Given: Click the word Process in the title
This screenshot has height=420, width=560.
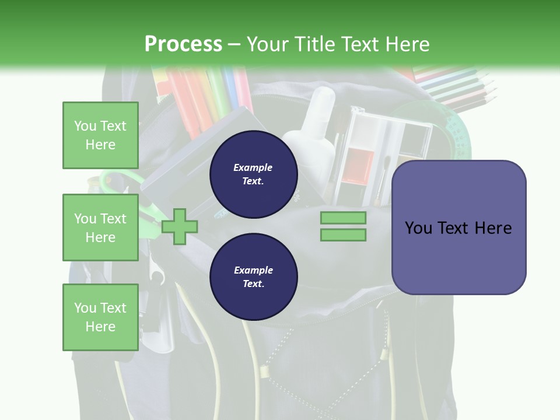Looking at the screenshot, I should click(x=183, y=44).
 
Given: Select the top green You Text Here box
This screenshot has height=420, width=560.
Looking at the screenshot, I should click(x=100, y=135).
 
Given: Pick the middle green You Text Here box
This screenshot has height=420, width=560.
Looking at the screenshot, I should click(x=100, y=228).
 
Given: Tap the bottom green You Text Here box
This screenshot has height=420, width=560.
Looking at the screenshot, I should click(x=100, y=317).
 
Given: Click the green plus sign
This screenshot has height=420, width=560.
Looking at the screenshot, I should click(x=180, y=226).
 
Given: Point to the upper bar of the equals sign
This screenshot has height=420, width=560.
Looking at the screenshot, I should click(x=343, y=218).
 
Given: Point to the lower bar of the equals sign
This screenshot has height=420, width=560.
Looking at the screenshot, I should click(x=343, y=235).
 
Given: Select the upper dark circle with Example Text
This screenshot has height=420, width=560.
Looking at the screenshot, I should click(x=253, y=174).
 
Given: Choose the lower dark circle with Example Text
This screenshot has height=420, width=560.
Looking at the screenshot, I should click(x=253, y=277).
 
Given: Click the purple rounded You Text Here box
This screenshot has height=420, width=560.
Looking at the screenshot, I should click(x=459, y=228).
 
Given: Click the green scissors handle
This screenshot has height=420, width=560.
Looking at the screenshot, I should click(x=117, y=181).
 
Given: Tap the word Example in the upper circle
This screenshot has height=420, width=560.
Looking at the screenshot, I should click(x=253, y=167).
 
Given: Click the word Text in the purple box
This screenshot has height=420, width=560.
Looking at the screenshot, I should click(x=455, y=228).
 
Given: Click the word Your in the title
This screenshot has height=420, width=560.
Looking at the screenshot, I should click(x=268, y=44).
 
